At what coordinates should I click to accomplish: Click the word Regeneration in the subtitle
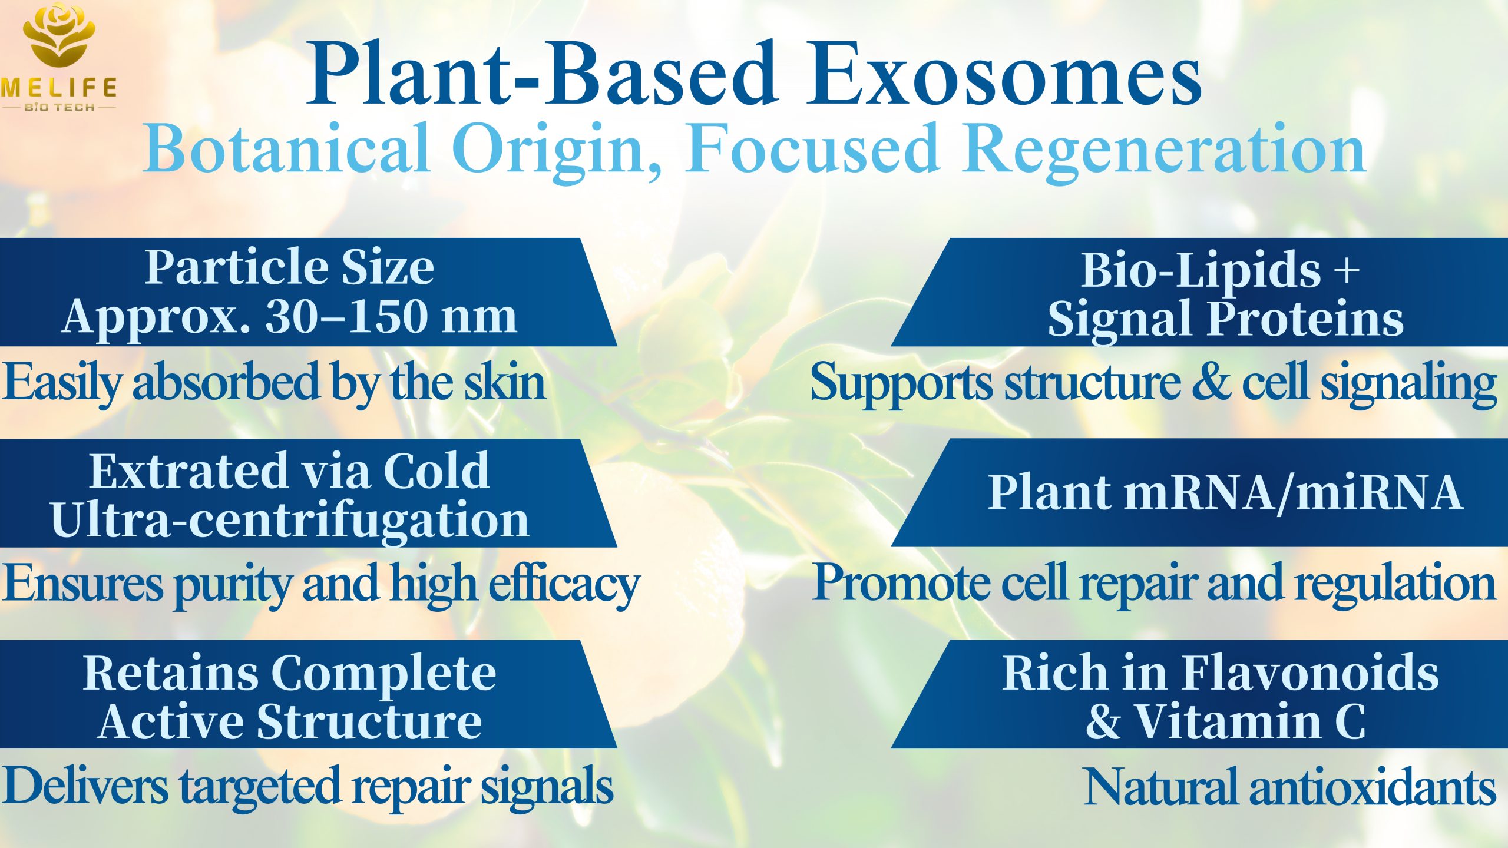1164,153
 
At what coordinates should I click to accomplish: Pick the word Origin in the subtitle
556,153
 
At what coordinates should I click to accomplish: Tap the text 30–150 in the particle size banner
345,317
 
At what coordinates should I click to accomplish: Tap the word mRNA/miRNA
1293,492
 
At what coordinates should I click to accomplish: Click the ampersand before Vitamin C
1103,721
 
